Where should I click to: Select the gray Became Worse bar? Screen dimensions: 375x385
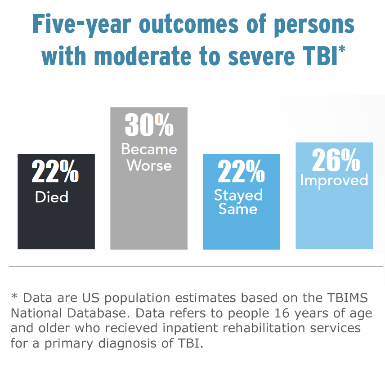(148, 211)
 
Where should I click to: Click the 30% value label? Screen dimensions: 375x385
(149, 125)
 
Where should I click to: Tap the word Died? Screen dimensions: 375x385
(52, 197)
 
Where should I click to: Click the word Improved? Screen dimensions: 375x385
(334, 180)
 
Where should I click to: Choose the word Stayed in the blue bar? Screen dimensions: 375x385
(238, 195)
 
